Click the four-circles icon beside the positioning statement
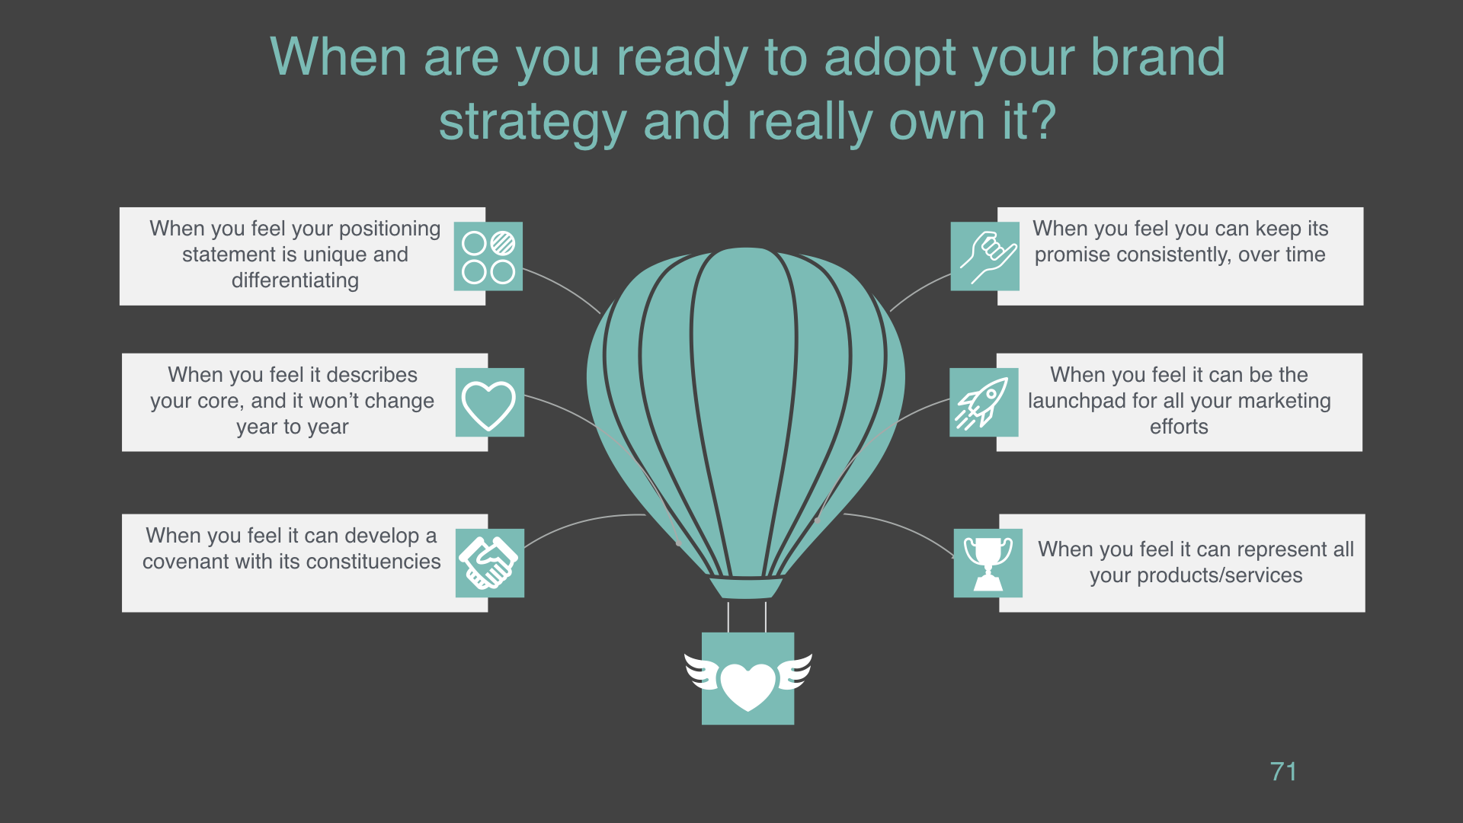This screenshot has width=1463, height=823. pyautogui.click(x=488, y=257)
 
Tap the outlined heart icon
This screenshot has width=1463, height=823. pyautogui.click(x=489, y=403)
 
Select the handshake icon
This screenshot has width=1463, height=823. pyautogui.click(x=489, y=563)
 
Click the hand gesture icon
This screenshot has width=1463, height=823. pyautogui.click(x=985, y=257)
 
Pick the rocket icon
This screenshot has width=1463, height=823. pyautogui.click(x=984, y=403)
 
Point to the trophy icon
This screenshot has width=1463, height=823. pyautogui.click(x=988, y=563)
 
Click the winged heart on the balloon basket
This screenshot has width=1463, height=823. pyautogui.click(x=748, y=680)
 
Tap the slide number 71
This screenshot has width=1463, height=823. pyautogui.click(x=1284, y=772)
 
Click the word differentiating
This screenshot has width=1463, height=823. pyautogui.click(x=295, y=281)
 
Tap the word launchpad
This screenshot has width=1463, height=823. pyautogui.click(x=1072, y=402)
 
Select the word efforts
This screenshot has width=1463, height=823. pyautogui.click(x=1179, y=427)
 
